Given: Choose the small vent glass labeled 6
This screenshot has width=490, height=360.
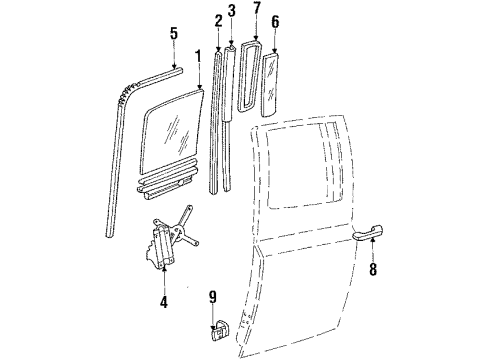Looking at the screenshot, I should click(273, 84).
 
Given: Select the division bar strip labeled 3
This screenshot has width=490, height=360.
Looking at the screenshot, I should click(231, 110).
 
